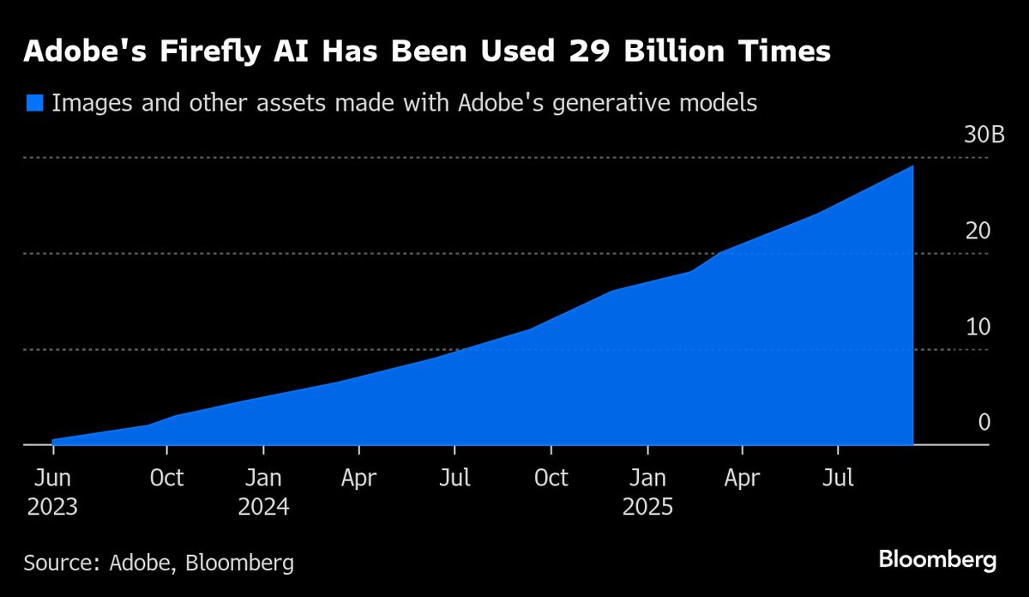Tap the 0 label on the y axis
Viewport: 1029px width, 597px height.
click(984, 422)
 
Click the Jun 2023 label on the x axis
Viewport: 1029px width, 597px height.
click(52, 491)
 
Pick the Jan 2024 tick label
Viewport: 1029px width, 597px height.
click(263, 491)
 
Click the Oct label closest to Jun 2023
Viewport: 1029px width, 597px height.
click(166, 478)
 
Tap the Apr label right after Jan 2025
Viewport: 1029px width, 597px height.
click(742, 478)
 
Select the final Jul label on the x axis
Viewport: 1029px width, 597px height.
click(838, 478)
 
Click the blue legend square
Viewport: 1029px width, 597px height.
click(33, 103)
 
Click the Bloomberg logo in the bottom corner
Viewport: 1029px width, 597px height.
click(937, 560)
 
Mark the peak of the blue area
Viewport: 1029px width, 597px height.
click(912, 166)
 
